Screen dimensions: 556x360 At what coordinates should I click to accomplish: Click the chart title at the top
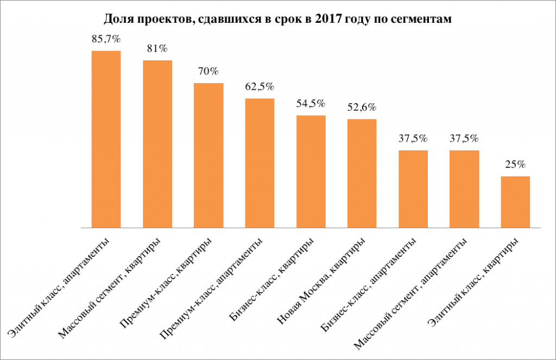[x=277, y=18]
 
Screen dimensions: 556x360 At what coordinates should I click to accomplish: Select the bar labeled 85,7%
[x=106, y=139]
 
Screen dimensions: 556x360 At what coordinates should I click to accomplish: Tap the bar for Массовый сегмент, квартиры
[x=157, y=144]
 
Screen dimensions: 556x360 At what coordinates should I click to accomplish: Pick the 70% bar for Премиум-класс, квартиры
[x=208, y=155]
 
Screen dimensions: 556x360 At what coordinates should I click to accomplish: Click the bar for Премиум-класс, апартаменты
[x=260, y=163]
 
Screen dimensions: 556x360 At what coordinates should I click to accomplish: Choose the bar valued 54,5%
[x=311, y=171]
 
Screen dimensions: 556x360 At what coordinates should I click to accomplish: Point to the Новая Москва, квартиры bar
[x=362, y=173]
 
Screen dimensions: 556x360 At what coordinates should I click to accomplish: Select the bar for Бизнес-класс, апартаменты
[x=413, y=189]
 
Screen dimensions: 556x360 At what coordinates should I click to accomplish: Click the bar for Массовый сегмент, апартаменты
[x=465, y=189]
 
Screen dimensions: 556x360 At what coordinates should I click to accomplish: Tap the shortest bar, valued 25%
[x=516, y=202]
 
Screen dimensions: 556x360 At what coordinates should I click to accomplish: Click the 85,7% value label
[x=106, y=39]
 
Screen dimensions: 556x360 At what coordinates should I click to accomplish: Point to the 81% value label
[x=157, y=48]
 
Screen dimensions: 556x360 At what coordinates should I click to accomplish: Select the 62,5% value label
[x=260, y=86]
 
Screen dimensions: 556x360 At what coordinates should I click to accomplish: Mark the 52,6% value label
[x=362, y=107]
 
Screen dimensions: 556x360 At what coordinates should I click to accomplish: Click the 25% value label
[x=516, y=164]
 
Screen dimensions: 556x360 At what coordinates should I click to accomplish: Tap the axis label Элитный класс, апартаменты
[x=59, y=288]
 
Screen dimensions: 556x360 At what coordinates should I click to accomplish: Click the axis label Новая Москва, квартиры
[x=321, y=281]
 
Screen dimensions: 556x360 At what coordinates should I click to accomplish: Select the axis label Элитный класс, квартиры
[x=473, y=282]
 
